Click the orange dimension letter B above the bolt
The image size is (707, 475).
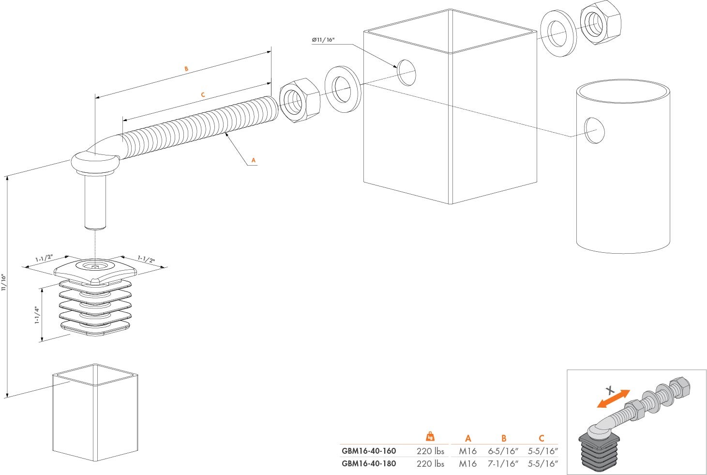186,69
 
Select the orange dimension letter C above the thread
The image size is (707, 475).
203,95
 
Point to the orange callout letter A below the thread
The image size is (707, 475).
253,160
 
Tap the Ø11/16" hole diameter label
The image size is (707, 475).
323,40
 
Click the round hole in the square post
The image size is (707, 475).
406,73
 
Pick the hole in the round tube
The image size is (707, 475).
594,130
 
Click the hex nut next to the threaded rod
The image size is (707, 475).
300,101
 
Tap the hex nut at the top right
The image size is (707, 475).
600,22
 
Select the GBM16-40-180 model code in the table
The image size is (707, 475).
369,463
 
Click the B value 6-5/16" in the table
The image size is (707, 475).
503,451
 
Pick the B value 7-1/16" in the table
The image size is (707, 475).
503,464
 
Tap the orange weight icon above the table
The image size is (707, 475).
430,436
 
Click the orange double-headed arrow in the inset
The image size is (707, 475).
614,398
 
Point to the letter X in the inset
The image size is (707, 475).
611,389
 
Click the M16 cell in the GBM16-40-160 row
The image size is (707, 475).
467,451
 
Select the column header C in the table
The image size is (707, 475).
542,438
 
